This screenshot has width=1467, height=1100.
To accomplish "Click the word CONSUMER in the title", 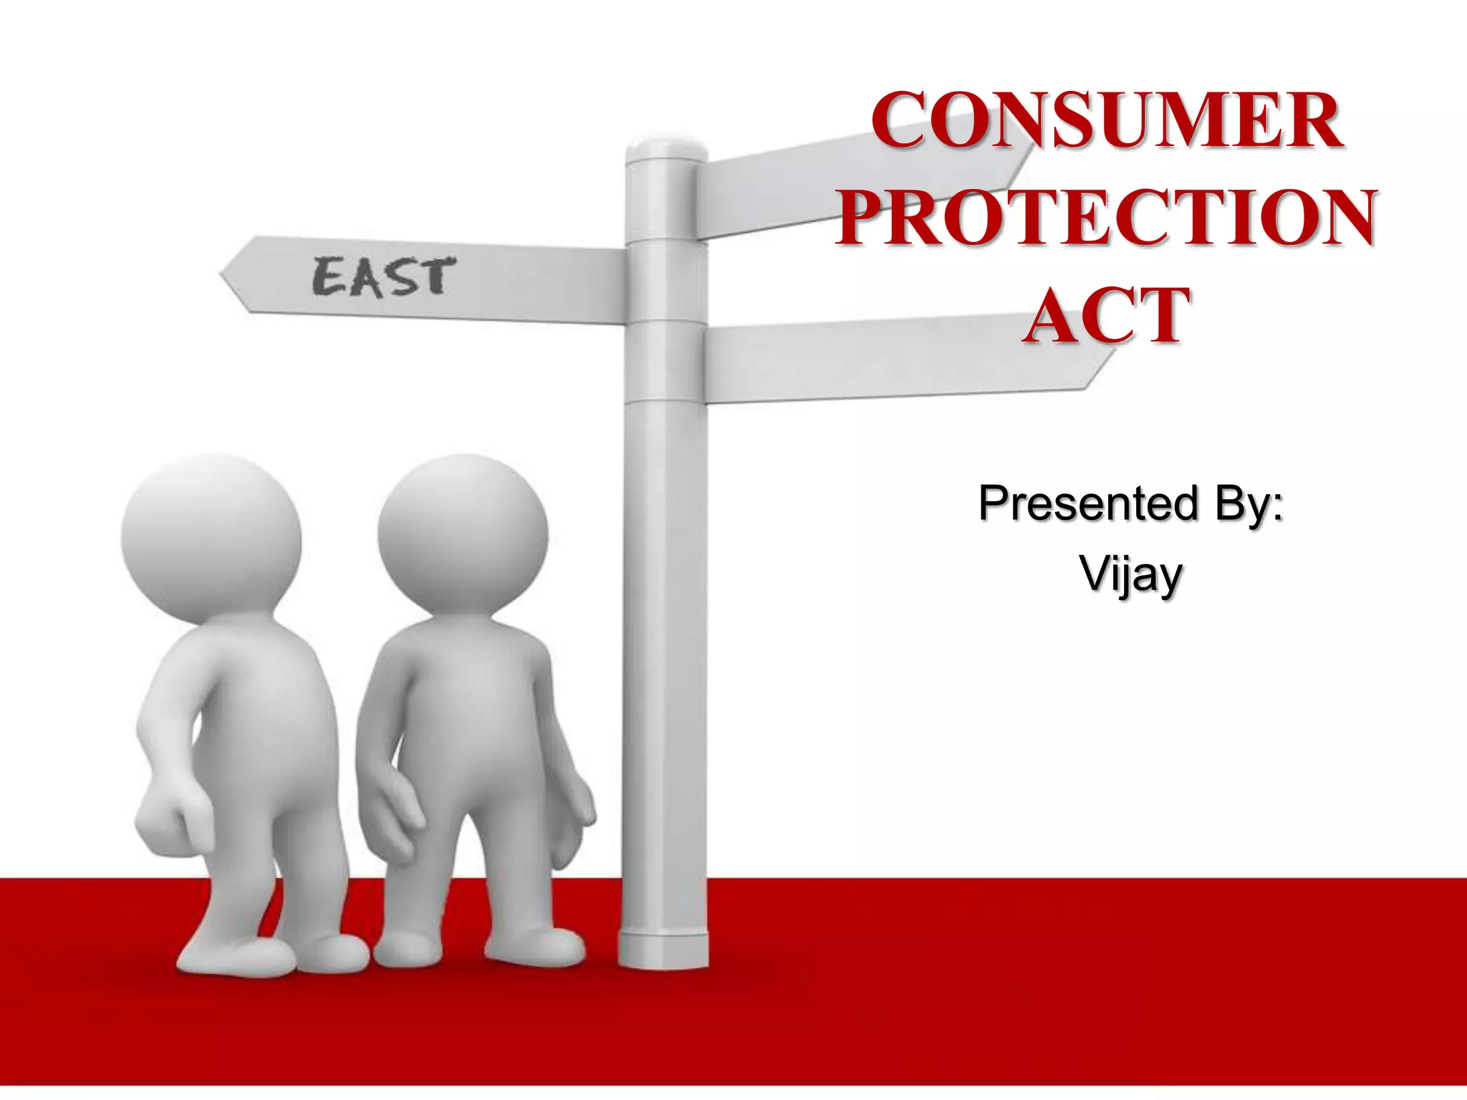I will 1107,121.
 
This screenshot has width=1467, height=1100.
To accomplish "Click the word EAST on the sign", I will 383,277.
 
